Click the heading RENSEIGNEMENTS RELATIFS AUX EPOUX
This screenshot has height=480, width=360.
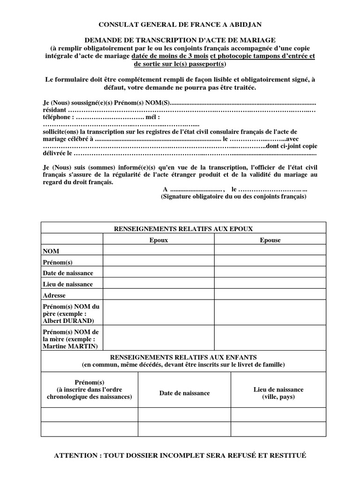[183, 228]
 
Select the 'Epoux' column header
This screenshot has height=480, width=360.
[158, 240]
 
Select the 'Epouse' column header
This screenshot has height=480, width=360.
[270, 240]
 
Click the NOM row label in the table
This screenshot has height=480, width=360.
[51, 251]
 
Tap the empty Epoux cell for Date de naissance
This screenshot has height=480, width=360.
[158, 273]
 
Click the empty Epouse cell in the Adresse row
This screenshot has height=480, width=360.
[270, 295]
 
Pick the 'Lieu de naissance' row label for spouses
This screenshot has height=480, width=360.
[67, 284]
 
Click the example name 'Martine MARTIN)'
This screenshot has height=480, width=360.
[70, 346]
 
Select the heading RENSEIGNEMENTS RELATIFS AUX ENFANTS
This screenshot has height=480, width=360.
[183, 357]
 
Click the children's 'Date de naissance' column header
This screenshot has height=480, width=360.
[184, 393]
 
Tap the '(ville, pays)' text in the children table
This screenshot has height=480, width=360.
[278, 397]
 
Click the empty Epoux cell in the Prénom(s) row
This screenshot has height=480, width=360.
[158, 262]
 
